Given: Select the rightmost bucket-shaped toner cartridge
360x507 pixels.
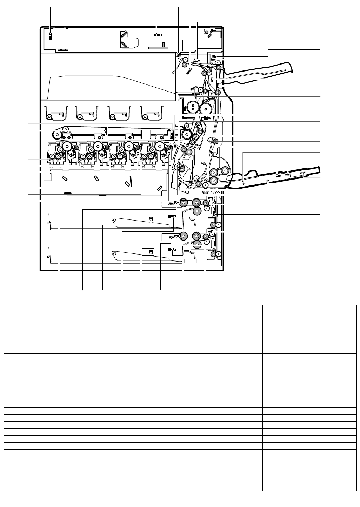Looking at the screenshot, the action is click(152, 112).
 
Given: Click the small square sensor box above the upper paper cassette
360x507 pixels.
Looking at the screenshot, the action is click(150, 219).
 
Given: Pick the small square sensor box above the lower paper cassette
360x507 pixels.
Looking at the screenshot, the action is click(150, 252).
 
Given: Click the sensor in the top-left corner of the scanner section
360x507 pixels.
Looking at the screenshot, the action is click(50, 36).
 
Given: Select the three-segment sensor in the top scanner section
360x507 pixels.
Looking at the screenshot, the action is click(158, 35).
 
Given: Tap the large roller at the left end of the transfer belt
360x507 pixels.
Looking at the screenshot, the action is click(56, 135).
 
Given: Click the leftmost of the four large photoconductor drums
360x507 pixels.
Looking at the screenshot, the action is click(67, 146).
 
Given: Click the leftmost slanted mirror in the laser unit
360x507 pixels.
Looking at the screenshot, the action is click(64, 178).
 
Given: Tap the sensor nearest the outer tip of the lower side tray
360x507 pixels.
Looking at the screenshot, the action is click(304, 173).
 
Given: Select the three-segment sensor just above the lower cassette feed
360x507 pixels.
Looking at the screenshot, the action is click(172, 249).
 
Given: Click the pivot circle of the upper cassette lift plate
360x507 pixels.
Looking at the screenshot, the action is click(114, 221).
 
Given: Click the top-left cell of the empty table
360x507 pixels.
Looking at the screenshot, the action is click(23, 308).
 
